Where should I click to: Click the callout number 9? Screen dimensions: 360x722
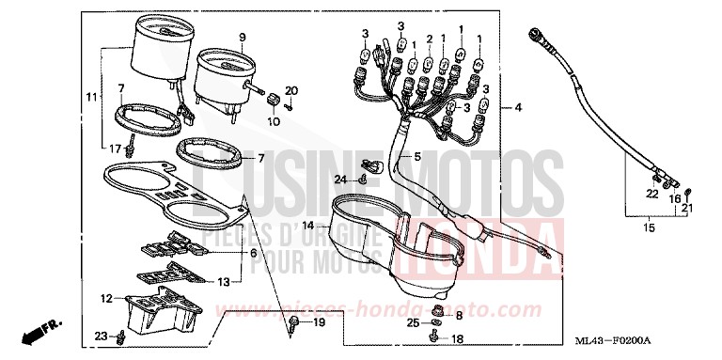242,38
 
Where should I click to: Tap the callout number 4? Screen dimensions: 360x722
518,109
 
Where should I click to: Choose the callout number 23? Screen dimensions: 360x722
101,336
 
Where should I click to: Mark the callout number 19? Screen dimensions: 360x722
319,322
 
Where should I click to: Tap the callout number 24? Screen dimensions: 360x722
340,179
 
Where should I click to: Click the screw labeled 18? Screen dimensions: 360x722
434,337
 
